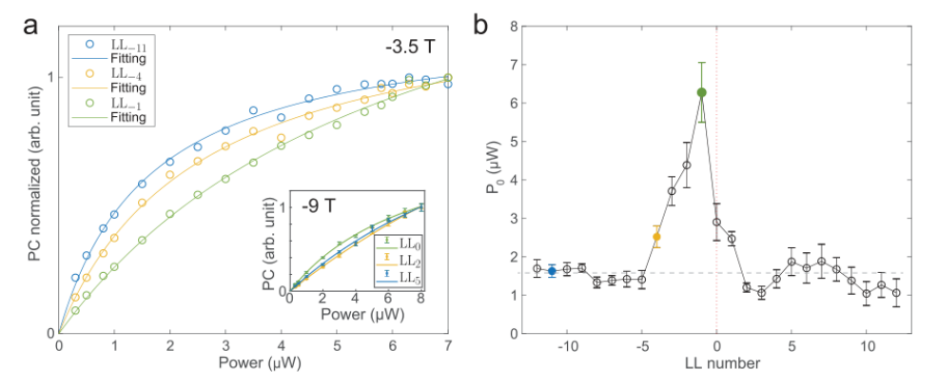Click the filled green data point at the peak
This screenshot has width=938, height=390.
pyautogui.click(x=702, y=92)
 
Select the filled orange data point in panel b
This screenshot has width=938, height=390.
pyautogui.click(x=656, y=237)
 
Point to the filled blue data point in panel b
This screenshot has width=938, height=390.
pyautogui.click(x=552, y=271)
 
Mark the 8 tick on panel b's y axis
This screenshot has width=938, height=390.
pyautogui.click(x=512, y=27)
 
